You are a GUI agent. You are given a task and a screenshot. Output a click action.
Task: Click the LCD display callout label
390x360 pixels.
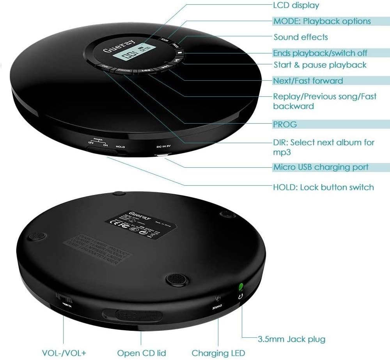point(296,5)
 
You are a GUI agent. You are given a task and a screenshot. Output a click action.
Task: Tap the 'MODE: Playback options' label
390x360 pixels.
point(322,21)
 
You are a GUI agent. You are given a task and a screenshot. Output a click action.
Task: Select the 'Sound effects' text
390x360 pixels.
point(300,37)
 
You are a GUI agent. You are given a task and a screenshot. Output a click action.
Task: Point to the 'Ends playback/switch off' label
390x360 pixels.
point(320,53)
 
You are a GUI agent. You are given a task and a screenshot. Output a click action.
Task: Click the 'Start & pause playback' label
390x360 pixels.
point(320,65)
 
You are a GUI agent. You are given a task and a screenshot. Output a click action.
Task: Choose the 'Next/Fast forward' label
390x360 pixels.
point(308,81)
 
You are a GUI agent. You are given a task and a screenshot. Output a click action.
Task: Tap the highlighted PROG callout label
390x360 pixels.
point(285,124)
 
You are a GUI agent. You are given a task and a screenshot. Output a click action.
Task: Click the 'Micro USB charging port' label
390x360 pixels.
point(321,167)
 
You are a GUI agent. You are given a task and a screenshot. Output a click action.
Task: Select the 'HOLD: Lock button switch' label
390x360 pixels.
point(323,187)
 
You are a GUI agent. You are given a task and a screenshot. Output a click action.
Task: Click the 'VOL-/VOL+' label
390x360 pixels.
point(64,353)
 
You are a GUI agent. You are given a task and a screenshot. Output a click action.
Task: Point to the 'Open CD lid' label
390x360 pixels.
point(142,353)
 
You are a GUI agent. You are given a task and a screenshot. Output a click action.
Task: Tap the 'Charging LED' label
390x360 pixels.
point(218,353)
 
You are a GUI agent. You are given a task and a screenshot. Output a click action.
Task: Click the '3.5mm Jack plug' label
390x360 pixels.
point(292,339)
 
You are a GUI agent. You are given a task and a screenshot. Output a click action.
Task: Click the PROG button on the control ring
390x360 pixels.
point(124,71)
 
